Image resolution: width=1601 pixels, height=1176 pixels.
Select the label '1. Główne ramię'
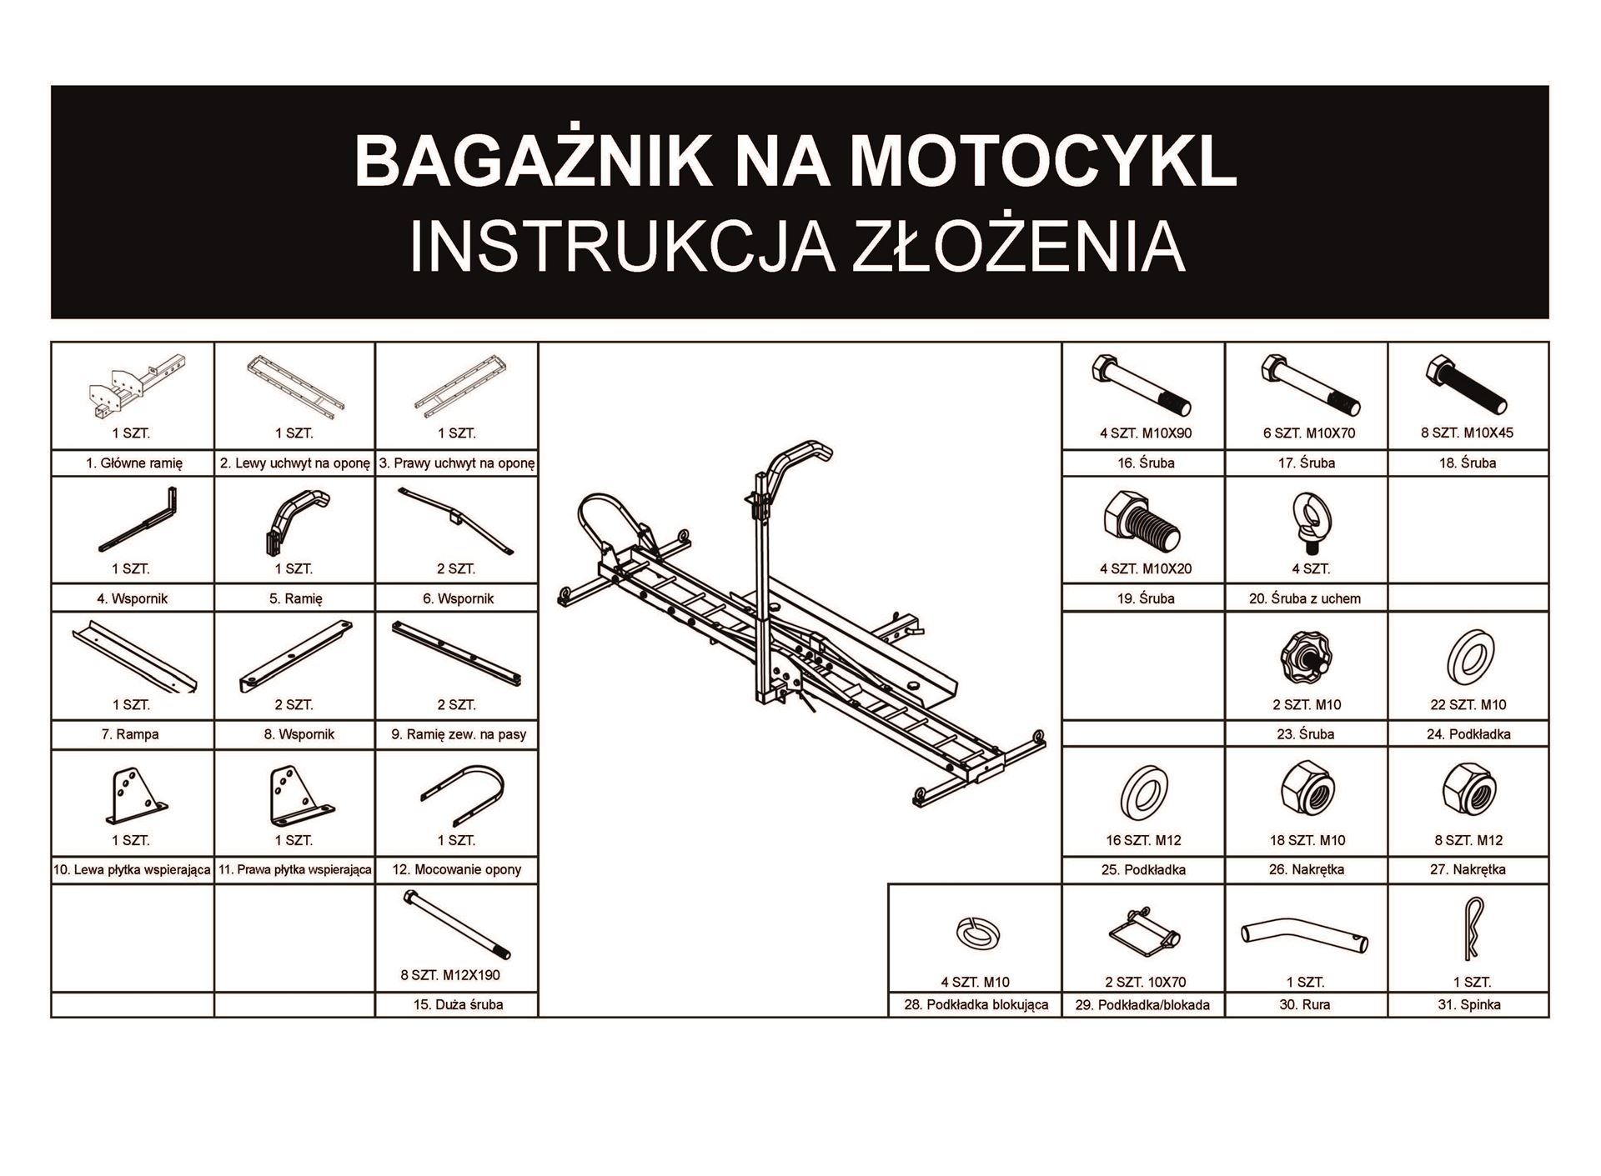coord(133,463)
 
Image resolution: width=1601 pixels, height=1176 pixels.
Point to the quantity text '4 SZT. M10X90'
coord(1146,433)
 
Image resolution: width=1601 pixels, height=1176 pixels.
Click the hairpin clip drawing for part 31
coord(1471,933)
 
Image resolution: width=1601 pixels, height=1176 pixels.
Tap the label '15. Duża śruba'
coord(458,1004)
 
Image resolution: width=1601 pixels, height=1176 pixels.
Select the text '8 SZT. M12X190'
coord(450,975)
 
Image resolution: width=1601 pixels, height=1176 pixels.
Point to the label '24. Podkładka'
coord(1468,734)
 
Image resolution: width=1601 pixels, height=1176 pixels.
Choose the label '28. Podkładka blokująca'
coord(976,1004)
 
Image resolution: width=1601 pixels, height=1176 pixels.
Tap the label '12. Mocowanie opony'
coord(457,869)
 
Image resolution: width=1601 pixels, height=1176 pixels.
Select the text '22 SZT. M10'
coord(1468,704)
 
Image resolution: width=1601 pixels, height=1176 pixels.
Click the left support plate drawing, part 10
coord(133,796)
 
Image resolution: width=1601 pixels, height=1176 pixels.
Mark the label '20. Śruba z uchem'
coord(1306,598)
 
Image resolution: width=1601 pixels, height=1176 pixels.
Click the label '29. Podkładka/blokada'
coord(1142,1004)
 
